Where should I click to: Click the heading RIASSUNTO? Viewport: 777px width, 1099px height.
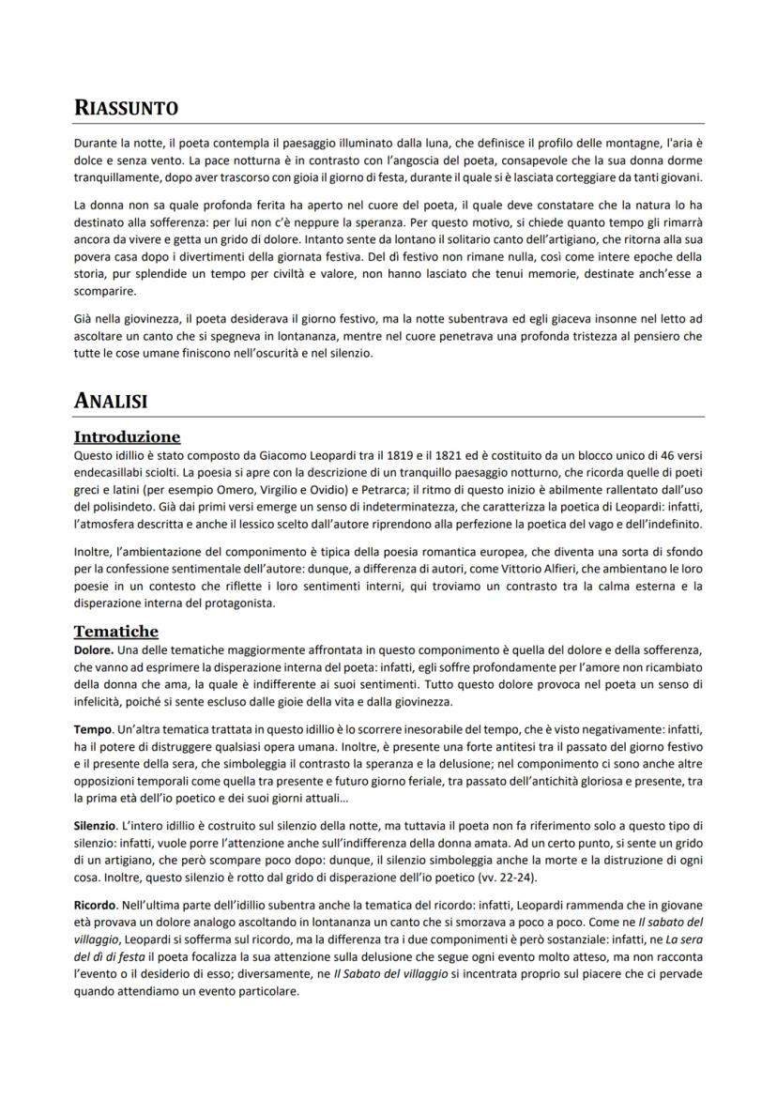pyautogui.click(x=126, y=109)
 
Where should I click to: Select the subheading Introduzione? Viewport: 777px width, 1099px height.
pyautogui.click(x=127, y=437)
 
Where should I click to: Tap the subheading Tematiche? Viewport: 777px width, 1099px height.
pyautogui.click(x=115, y=631)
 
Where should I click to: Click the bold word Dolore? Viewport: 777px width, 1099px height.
pyautogui.click(x=93, y=649)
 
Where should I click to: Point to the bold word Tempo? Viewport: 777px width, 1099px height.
pyautogui.click(x=92, y=729)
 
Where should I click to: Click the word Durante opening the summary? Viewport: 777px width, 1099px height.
pyautogui.click(x=96, y=142)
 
